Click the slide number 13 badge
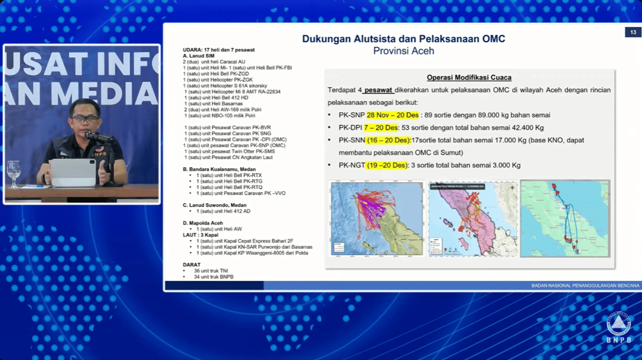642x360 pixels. [632, 33]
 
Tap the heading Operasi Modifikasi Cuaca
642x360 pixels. [469, 77]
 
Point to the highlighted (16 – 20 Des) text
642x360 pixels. [389, 140]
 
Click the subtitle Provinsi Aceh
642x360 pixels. [403, 51]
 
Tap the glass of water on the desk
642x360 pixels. [14, 173]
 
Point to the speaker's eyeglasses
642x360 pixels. [85, 118]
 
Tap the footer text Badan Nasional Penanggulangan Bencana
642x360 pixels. [585, 286]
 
